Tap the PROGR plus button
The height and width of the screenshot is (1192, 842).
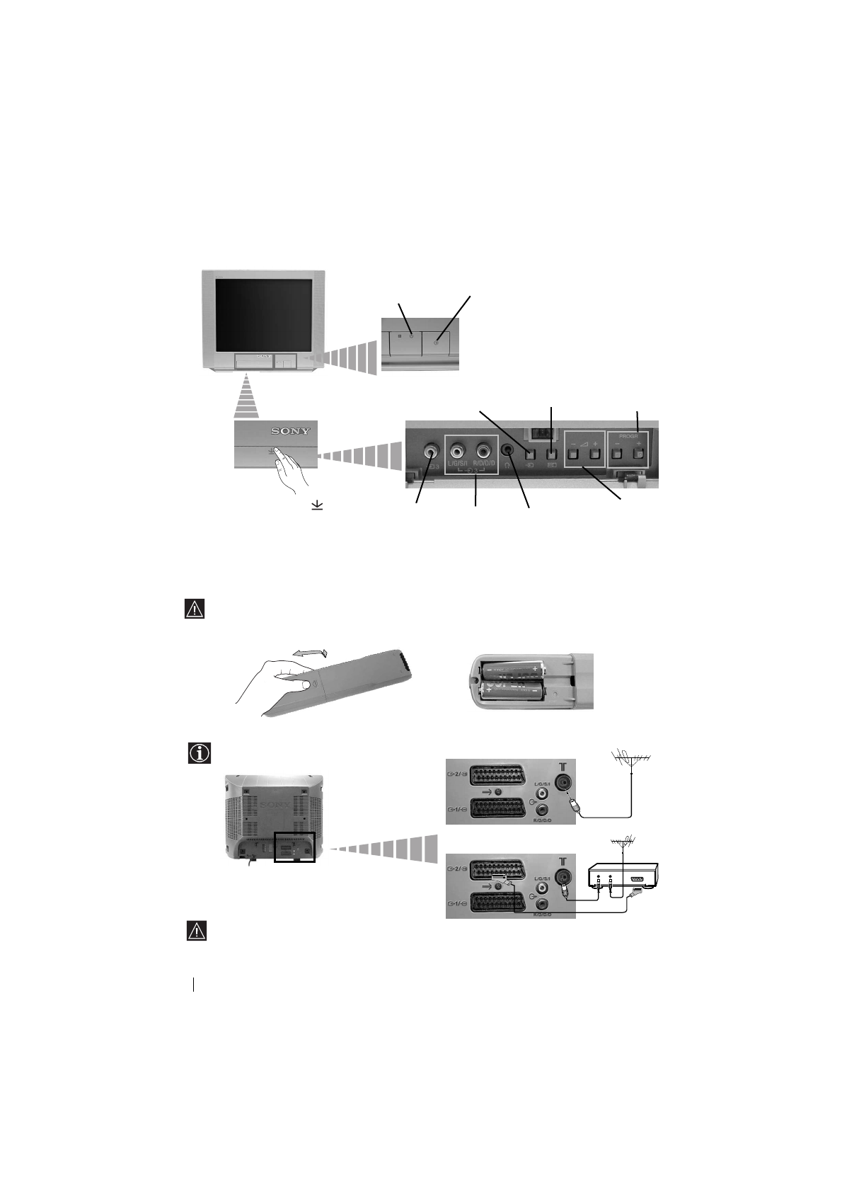point(640,452)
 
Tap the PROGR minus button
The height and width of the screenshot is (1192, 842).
point(616,452)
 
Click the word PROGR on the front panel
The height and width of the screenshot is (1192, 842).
point(628,437)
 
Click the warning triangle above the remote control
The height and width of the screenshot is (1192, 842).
point(194,609)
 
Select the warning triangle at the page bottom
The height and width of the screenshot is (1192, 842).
point(196,931)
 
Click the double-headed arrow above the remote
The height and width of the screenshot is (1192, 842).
point(311,653)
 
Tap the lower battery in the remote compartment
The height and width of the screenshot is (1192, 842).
point(512,691)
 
